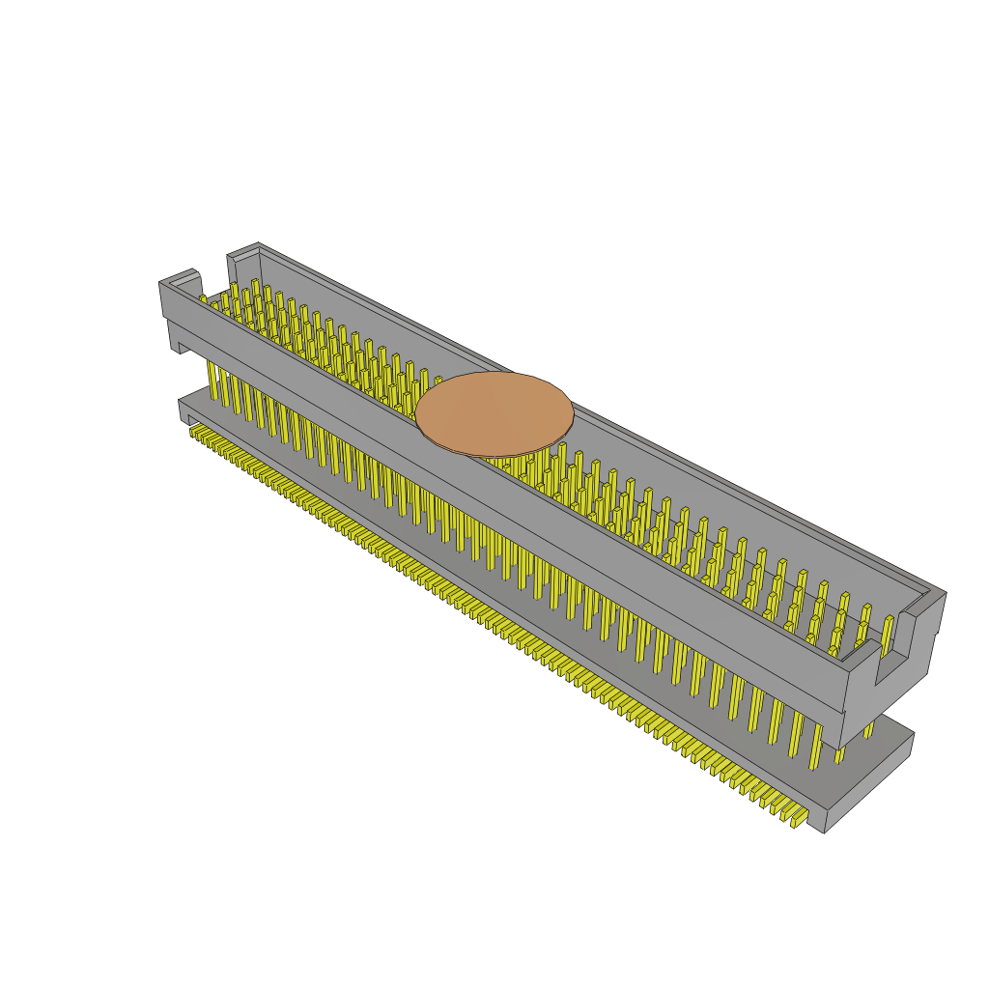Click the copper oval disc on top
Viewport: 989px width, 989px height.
494,413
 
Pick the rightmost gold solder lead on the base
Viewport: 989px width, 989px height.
798,818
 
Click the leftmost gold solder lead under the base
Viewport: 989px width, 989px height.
194,429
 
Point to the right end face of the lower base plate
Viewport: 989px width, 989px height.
869,782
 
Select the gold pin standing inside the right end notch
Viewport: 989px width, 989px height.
887,633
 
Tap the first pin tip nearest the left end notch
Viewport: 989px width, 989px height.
204,299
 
